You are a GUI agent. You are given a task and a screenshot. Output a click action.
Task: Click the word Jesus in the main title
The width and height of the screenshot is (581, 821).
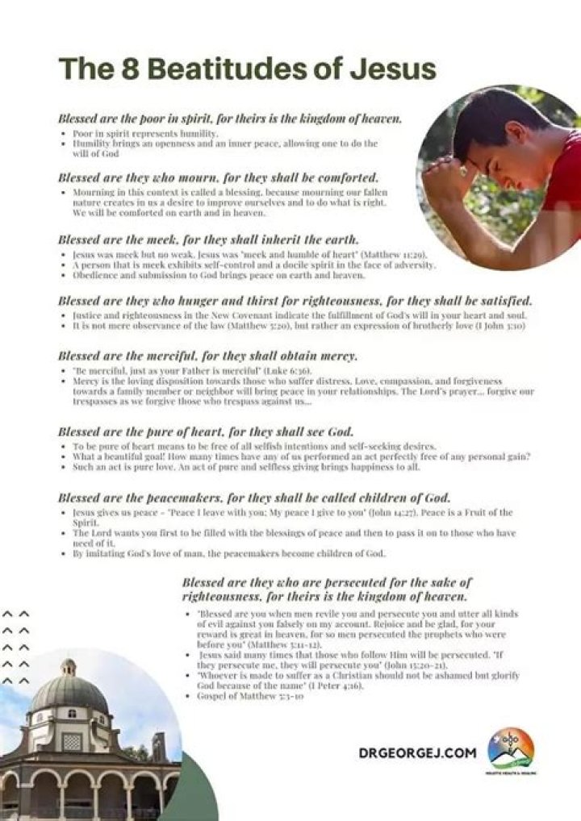(x=393, y=69)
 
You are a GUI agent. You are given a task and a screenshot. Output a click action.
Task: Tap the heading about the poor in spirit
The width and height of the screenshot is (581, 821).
(x=230, y=119)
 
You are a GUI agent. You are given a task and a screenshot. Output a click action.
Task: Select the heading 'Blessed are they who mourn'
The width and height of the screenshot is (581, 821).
(x=218, y=177)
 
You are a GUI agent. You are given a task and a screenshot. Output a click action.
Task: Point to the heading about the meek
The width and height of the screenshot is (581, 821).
(x=208, y=240)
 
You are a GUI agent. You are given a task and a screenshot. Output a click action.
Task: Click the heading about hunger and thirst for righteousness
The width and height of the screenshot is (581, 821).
(x=295, y=301)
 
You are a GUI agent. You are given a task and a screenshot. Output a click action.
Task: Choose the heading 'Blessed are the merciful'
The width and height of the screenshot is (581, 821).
(x=207, y=356)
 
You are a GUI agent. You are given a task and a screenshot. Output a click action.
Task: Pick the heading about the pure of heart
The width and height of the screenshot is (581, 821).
(x=207, y=431)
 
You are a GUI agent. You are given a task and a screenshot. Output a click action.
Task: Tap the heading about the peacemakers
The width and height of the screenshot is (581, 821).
(x=254, y=498)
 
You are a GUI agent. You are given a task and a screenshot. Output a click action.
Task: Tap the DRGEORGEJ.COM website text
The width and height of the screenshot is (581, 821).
(x=417, y=752)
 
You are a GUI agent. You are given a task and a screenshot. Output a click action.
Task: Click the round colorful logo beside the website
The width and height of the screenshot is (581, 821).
(x=510, y=748)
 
